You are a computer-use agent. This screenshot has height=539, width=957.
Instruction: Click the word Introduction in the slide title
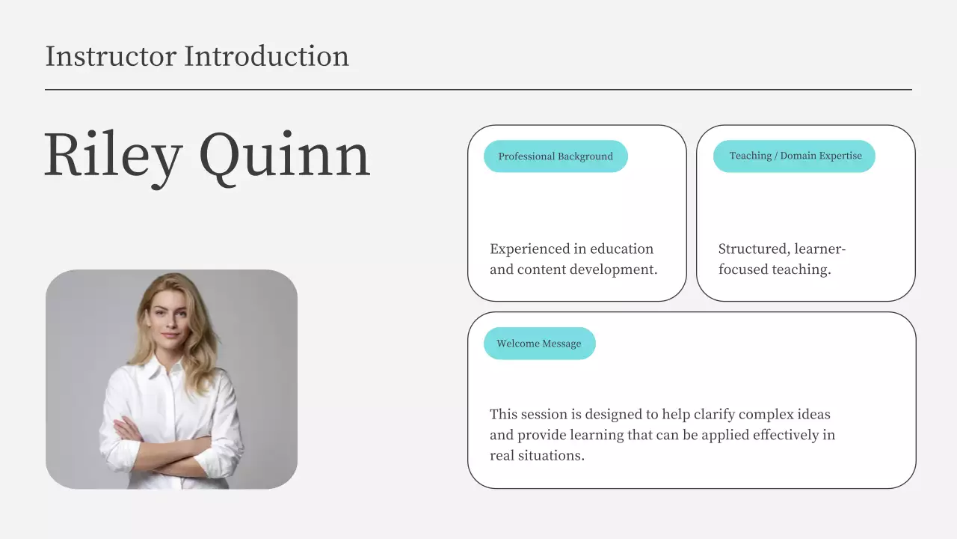pos(267,56)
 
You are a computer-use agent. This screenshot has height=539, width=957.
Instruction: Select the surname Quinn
pos(285,157)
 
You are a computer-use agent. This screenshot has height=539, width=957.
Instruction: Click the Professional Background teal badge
pos(556,156)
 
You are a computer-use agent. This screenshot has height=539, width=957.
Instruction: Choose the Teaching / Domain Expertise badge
pos(794,156)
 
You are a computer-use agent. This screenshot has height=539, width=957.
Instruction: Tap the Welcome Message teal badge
pos(540,344)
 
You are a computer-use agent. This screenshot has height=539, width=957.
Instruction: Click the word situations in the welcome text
pos(551,456)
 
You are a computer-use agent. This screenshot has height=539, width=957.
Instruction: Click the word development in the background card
pos(614,270)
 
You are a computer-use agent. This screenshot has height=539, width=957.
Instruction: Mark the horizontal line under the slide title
pos(478,90)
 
